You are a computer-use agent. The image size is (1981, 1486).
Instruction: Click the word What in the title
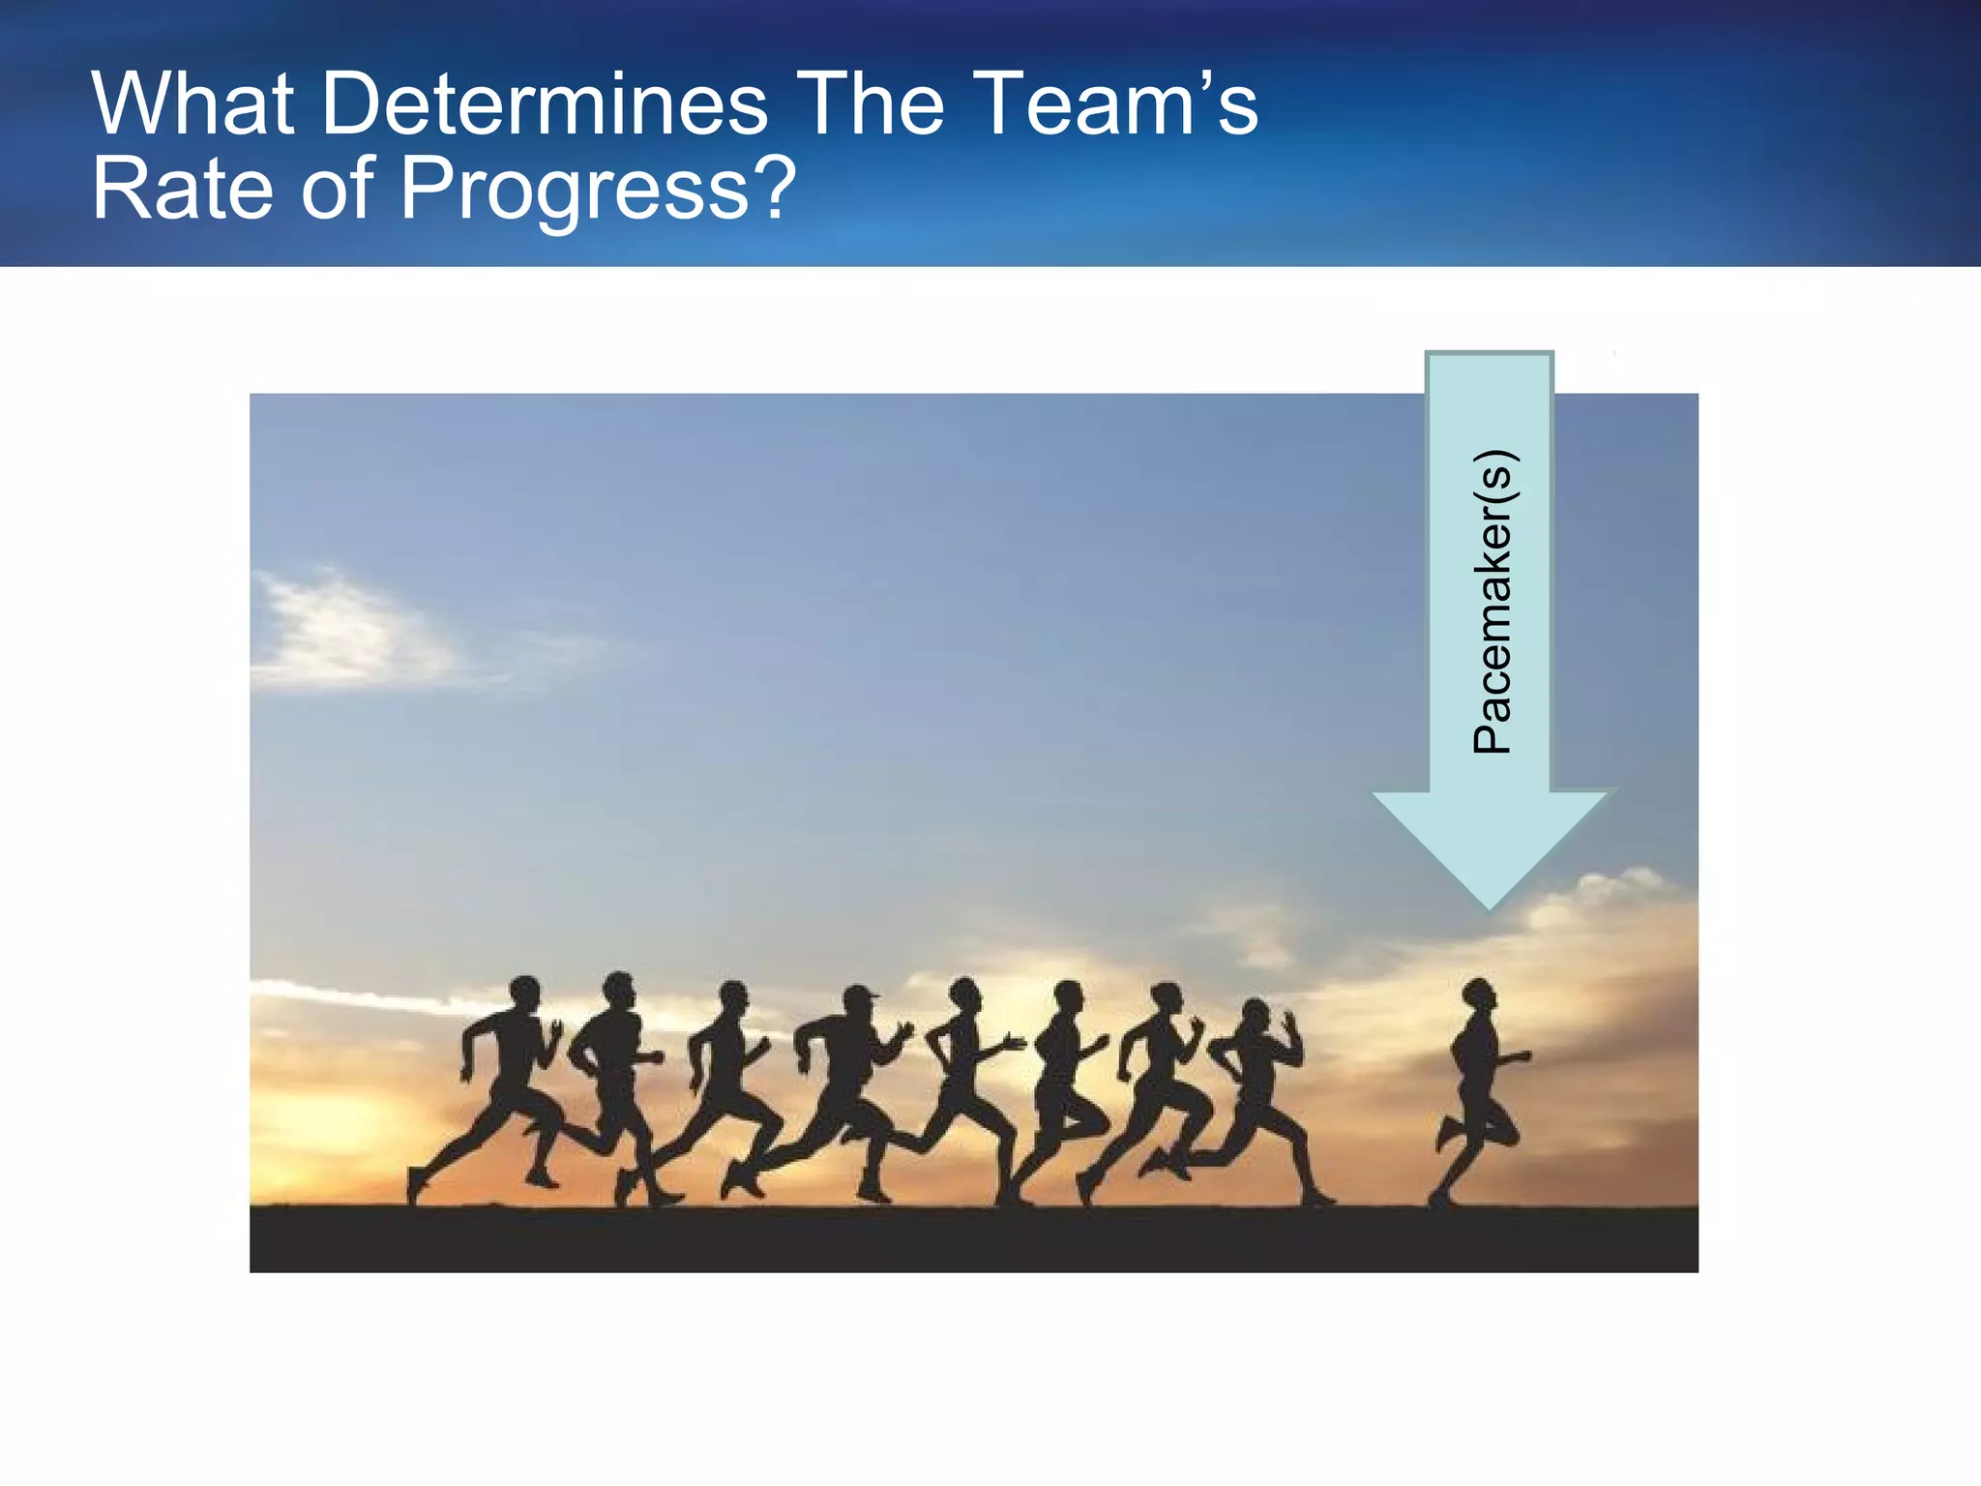(193, 104)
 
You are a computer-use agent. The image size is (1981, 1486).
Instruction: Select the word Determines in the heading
(544, 104)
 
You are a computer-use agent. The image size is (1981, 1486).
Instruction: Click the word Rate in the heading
(183, 188)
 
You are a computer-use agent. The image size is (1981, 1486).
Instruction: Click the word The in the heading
(872, 104)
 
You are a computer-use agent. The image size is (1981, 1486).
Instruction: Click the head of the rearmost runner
(524, 994)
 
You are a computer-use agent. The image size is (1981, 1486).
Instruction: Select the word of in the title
(336, 188)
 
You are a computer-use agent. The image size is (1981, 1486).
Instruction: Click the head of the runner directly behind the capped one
(732, 996)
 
